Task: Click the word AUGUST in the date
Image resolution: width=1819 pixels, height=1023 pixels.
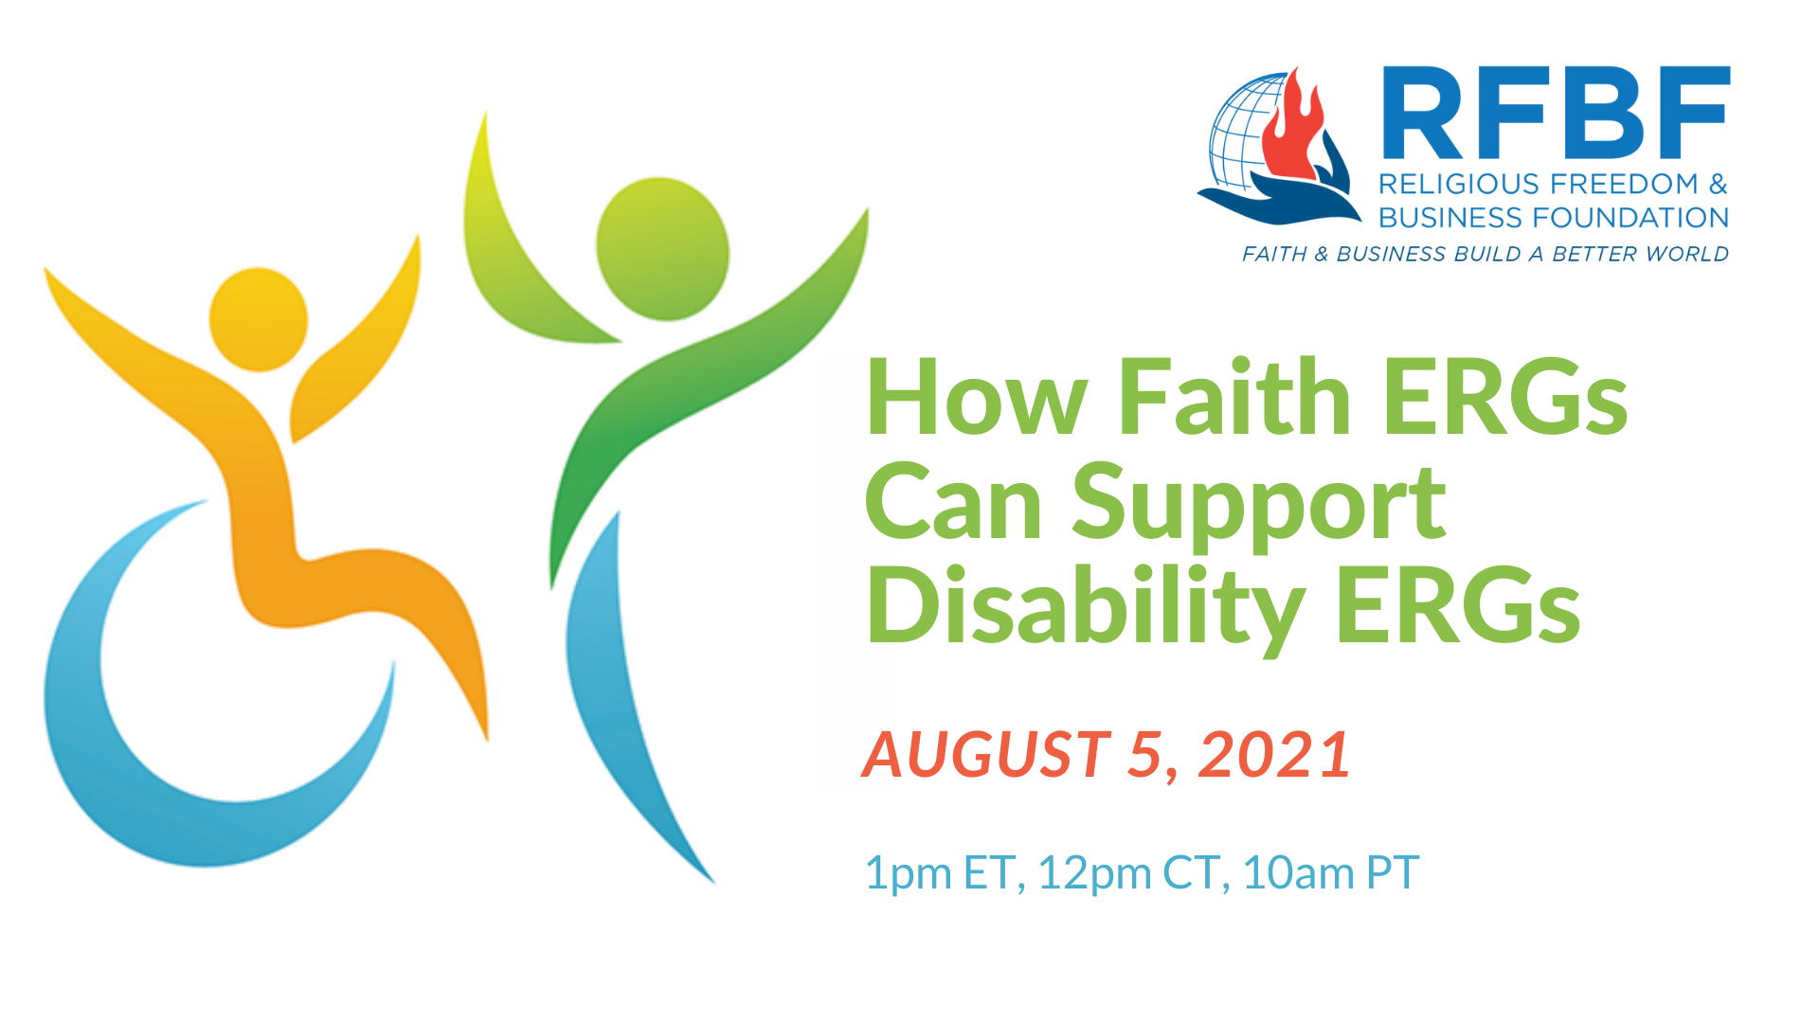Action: (985, 755)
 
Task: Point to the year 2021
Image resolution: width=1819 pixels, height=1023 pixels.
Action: (1275, 755)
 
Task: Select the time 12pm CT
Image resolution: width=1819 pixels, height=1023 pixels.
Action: (1127, 872)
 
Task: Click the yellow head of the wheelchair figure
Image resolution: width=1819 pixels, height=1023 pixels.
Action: (258, 319)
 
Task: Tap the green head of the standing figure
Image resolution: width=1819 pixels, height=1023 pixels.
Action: (662, 248)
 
